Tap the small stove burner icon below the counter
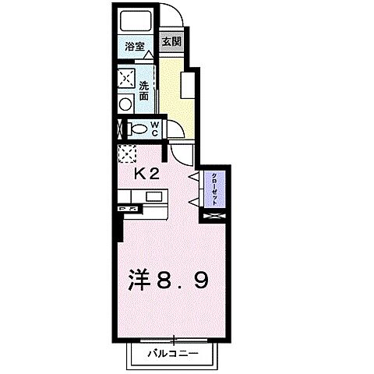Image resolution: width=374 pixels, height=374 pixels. tap(127, 210)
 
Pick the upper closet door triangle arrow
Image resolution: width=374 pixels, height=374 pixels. tap(193, 178)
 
